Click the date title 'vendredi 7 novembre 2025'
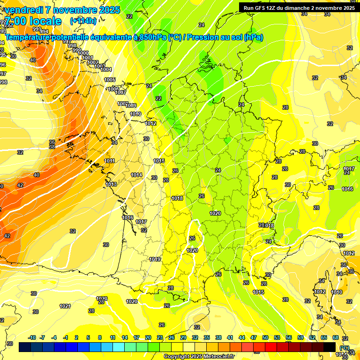coord(62,9)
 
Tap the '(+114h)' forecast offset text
coord(83,21)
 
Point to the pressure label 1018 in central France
coord(177,198)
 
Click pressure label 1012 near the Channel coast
coord(150,123)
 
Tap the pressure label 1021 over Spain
coord(65,306)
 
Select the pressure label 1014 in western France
coord(136,175)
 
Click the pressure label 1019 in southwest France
coord(155,259)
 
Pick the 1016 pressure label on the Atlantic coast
coord(127,217)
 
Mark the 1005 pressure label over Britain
coord(110,80)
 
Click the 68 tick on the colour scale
coord(336,337)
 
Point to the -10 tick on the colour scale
coord(32,337)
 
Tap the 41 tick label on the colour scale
coord(230,337)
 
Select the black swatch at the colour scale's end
coord(330,347)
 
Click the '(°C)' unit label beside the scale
coord(345,348)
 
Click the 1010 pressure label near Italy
coord(337,292)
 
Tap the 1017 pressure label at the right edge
coord(348,169)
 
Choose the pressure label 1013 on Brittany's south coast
coord(111,184)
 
